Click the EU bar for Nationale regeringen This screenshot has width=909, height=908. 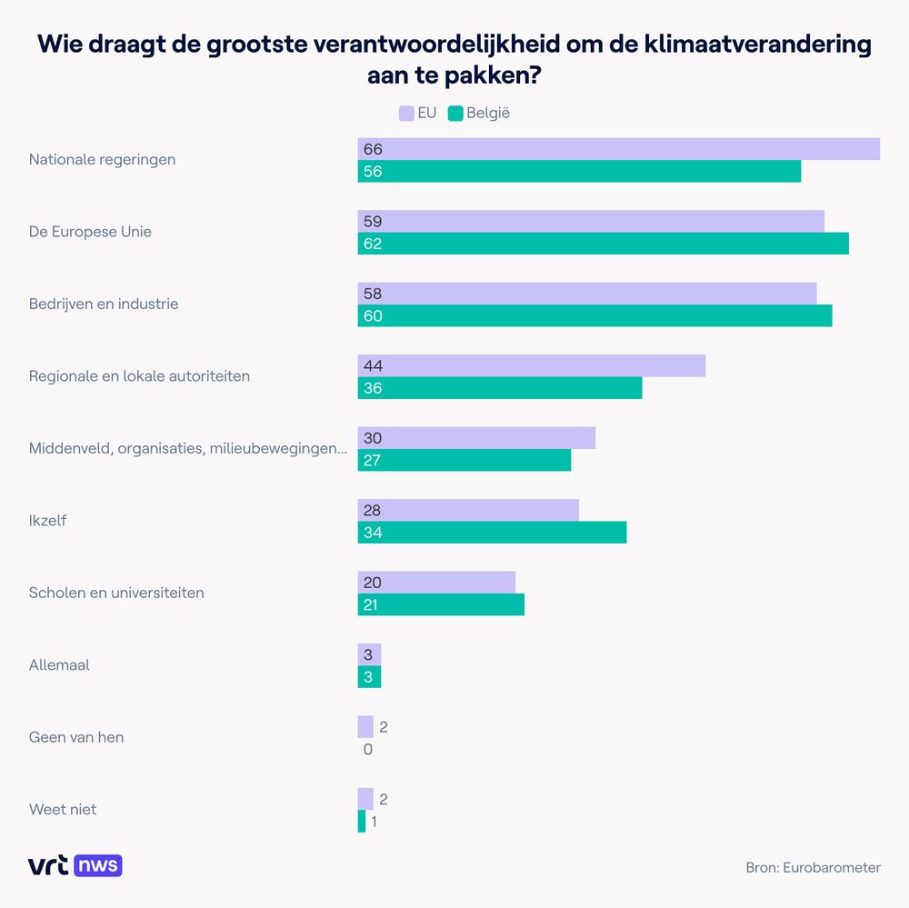[x=618, y=149]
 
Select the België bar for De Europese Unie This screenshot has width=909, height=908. [x=603, y=244]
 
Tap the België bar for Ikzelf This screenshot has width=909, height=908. [x=492, y=532]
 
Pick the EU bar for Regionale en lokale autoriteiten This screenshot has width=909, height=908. [x=531, y=365]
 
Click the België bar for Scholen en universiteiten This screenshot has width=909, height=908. [x=441, y=604]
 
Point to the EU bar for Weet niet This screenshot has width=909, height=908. [x=365, y=799]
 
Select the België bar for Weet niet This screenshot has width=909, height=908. [x=362, y=822]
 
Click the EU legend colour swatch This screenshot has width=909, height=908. [x=406, y=114]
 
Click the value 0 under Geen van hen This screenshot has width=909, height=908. [x=368, y=749]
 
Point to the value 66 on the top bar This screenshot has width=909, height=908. [x=373, y=149]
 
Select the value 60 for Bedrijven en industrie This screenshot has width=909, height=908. [x=373, y=315]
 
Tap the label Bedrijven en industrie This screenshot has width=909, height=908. [x=104, y=304]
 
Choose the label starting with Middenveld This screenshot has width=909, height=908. [x=187, y=448]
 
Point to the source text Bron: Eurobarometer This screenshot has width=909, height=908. [x=813, y=867]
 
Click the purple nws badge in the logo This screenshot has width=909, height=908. [x=98, y=865]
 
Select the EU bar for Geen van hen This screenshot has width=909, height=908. [x=365, y=726]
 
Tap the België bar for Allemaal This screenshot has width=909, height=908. [x=369, y=676]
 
